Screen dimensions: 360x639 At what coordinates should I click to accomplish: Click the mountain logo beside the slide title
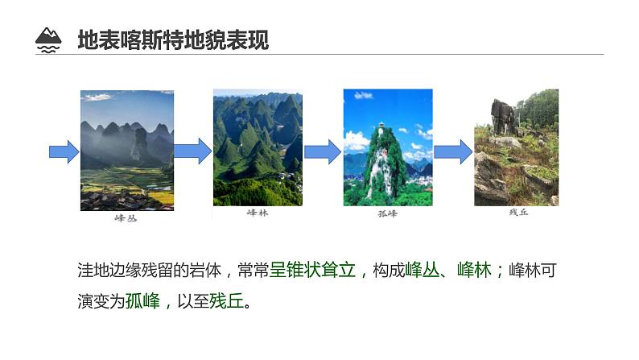49,39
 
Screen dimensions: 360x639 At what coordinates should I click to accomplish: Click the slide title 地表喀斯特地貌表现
172,39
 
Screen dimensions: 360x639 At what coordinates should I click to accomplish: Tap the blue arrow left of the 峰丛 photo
64,151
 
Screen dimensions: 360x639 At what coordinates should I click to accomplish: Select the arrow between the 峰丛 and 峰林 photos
192,151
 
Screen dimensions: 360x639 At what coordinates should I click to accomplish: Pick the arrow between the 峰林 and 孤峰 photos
322,151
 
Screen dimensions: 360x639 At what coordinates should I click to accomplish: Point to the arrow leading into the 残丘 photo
453,151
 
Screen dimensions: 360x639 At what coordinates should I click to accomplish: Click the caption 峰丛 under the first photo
126,218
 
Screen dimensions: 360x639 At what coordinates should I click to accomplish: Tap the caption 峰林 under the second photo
258,213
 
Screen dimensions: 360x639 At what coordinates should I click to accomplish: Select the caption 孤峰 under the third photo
388,213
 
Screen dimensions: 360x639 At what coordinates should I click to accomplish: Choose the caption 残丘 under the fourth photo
517,213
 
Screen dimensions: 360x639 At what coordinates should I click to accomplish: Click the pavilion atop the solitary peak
380,126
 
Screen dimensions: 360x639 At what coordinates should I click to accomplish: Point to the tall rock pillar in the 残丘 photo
503,117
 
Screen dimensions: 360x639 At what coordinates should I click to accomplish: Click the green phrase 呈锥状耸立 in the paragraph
312,271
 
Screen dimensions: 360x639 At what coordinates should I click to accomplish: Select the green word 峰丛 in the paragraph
422,271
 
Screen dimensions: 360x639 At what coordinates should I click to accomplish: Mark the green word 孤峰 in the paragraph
144,302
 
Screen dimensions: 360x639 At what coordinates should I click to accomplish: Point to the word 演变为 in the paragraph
99,302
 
